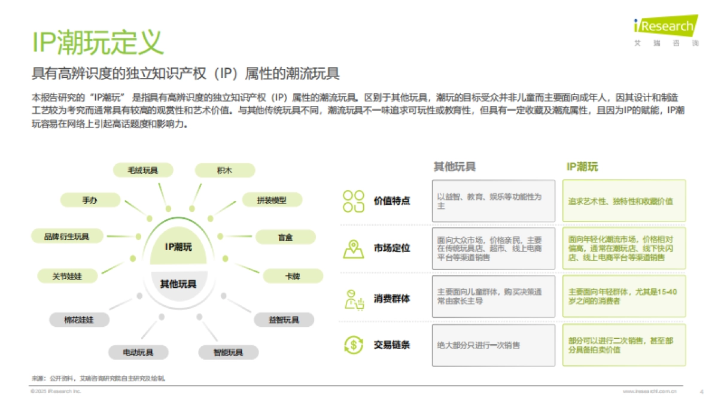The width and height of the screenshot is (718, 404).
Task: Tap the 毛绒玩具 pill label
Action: tap(143, 171)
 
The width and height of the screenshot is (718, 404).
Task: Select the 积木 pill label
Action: tap(225, 171)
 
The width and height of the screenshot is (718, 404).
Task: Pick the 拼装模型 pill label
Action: tap(272, 201)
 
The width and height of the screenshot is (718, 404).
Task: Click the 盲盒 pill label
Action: tap(285, 238)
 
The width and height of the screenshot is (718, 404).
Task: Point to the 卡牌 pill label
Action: tap(293, 277)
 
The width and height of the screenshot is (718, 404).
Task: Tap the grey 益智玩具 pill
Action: tap(284, 320)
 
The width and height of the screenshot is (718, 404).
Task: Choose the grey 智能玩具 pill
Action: tap(228, 352)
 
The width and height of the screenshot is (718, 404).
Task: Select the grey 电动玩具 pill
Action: tap(138, 352)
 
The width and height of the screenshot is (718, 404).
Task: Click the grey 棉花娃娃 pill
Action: tap(79, 320)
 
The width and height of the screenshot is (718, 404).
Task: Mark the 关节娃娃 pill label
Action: tap(67, 277)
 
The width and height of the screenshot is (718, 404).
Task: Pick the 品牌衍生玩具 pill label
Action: tap(66, 236)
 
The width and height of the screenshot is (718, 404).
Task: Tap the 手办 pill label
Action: tap(90, 201)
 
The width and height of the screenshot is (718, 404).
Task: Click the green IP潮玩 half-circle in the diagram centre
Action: tap(179, 246)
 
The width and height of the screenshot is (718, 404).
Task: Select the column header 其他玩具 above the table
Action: tap(455, 167)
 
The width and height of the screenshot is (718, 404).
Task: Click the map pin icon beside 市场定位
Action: tap(353, 248)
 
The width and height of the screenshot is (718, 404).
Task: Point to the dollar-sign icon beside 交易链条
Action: tap(353, 345)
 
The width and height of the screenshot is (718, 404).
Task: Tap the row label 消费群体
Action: tap(392, 298)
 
